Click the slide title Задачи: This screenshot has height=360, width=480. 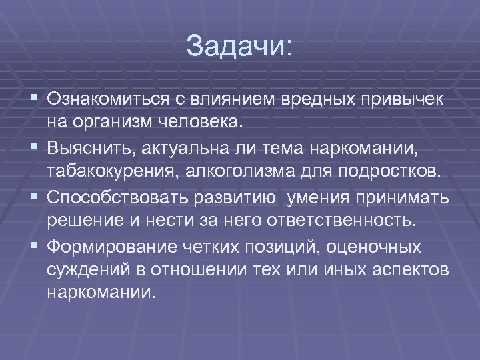[239, 46]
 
